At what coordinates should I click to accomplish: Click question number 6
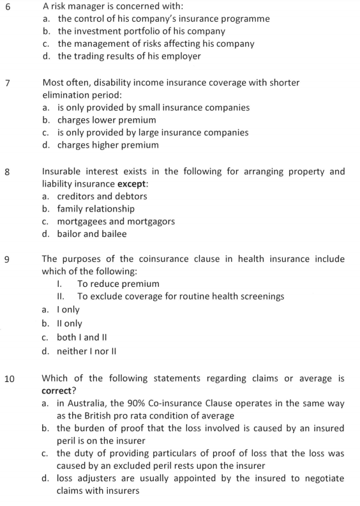pyautogui.click(x=7, y=6)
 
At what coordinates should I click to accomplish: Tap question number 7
pyautogui.click(x=7, y=83)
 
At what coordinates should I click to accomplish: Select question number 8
pyautogui.click(x=7, y=172)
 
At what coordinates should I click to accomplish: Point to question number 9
pyautogui.click(x=7, y=260)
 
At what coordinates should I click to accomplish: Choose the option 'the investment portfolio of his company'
pyautogui.click(x=141, y=31)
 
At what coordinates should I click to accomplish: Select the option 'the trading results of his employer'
pyautogui.click(x=129, y=56)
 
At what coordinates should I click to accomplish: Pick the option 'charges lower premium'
pyautogui.click(x=107, y=120)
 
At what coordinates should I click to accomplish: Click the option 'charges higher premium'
pyautogui.click(x=108, y=145)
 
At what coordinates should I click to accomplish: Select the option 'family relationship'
pyautogui.click(x=96, y=209)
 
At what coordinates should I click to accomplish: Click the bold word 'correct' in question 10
pyautogui.click(x=61, y=391)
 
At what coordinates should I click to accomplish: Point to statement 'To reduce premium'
pyautogui.click(x=118, y=284)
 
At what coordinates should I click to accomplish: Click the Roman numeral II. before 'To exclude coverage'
pyautogui.click(x=61, y=296)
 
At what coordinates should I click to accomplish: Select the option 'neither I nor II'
pyautogui.click(x=89, y=351)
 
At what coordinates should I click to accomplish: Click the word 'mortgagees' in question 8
pyautogui.click(x=86, y=222)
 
